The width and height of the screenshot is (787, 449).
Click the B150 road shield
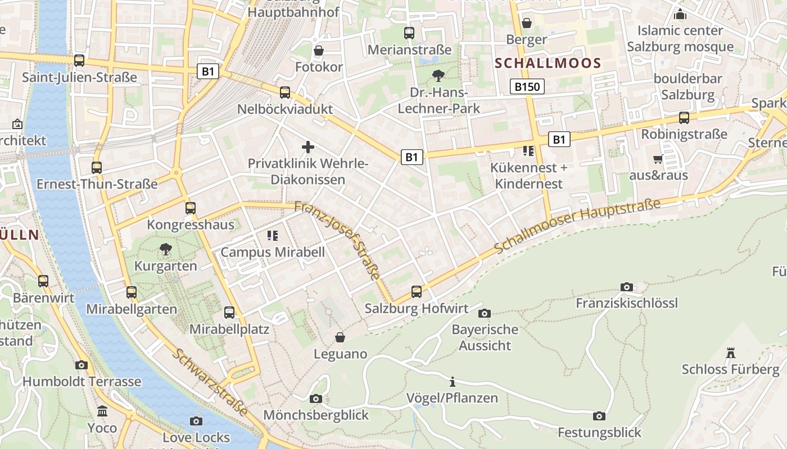pos(527,86)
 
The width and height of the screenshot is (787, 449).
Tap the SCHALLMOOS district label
pos(548,63)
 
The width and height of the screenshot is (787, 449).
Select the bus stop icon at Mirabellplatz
pos(229,313)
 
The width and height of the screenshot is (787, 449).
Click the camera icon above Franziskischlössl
pos(627,287)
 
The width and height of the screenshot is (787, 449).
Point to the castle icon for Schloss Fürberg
pos(731,353)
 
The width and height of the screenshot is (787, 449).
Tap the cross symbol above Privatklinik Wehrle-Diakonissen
pos(308,147)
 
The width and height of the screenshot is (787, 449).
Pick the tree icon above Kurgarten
pos(165,249)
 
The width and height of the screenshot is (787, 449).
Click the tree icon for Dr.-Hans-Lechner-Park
pos(438,75)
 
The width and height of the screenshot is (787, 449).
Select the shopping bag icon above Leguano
pos(340,337)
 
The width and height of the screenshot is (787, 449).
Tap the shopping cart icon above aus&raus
pos(658,159)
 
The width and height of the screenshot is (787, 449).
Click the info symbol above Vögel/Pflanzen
pos(453,382)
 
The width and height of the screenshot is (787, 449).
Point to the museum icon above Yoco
pos(102,411)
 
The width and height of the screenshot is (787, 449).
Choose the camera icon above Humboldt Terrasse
pos(82,365)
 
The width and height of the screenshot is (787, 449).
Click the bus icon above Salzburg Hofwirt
pos(417,292)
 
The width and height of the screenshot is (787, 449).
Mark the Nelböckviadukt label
pos(285,109)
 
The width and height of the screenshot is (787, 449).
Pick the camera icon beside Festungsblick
pos(599,416)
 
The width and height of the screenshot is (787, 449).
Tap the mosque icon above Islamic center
pos(680,14)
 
